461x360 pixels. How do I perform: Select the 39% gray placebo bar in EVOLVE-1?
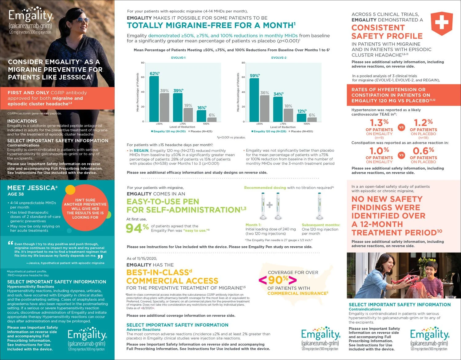[164, 107]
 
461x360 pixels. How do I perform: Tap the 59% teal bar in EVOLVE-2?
[254, 100]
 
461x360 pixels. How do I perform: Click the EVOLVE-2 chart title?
[279, 58]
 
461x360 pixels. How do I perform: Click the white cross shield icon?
[442, 23]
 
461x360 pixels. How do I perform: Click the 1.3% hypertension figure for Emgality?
[379, 123]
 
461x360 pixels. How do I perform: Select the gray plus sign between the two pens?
[270, 205]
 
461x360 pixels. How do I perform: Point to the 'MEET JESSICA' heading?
[32, 188]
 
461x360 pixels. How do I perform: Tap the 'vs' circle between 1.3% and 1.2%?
[401, 127]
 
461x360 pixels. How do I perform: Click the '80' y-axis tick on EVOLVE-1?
[143, 63]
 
